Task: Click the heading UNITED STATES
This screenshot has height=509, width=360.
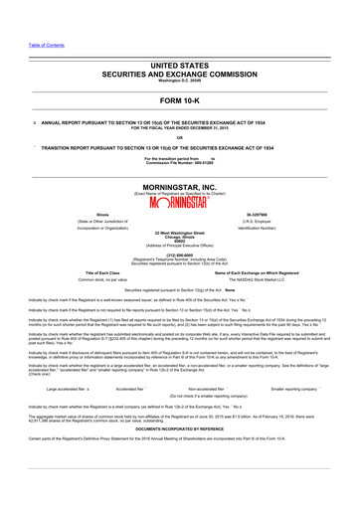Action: (179, 63)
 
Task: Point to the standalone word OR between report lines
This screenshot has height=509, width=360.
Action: (179, 137)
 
